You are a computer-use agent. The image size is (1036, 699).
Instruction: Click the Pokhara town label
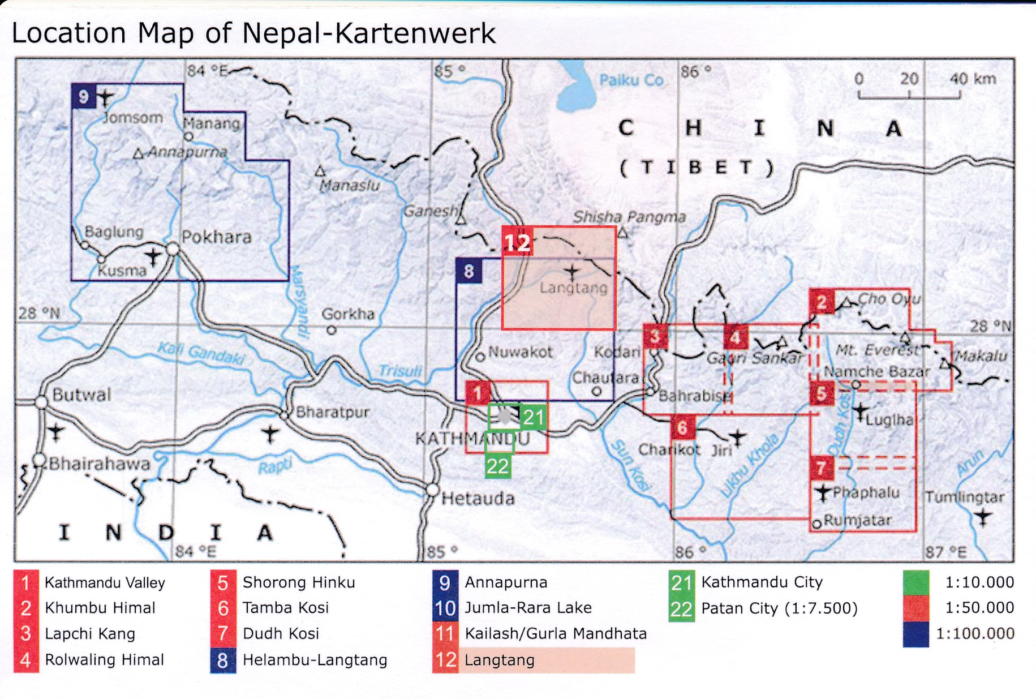coord(216,237)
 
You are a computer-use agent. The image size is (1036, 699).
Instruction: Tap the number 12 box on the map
coord(517,242)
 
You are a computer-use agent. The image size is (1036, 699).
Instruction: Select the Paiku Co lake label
coord(631,80)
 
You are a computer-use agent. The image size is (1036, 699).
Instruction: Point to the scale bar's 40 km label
coord(972,79)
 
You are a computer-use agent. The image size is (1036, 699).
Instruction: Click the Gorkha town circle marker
coord(332,330)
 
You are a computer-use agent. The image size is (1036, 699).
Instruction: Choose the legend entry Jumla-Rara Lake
coord(527,607)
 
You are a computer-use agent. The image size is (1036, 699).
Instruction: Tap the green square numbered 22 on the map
coord(498,466)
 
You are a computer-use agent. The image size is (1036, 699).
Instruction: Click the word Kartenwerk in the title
coord(416,33)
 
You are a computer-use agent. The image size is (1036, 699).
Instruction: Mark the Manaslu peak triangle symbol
coord(320,170)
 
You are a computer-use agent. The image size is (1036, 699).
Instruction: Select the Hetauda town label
coord(478,499)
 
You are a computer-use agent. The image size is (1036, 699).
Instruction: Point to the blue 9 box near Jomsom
coord(84,97)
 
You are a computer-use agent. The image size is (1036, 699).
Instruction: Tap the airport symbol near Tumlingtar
coord(983,517)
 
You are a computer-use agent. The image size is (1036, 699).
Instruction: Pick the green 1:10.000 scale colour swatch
coord(916,582)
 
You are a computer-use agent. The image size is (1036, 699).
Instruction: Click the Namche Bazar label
coord(876,372)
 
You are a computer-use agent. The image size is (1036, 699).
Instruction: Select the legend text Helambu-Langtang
coord(315,660)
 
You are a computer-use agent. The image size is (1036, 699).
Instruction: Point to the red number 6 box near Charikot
coord(682,427)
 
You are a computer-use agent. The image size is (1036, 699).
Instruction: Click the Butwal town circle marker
coord(41,402)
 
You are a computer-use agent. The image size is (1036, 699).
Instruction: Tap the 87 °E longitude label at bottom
coord(945,552)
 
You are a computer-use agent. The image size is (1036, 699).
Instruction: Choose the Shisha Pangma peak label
coord(629,217)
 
